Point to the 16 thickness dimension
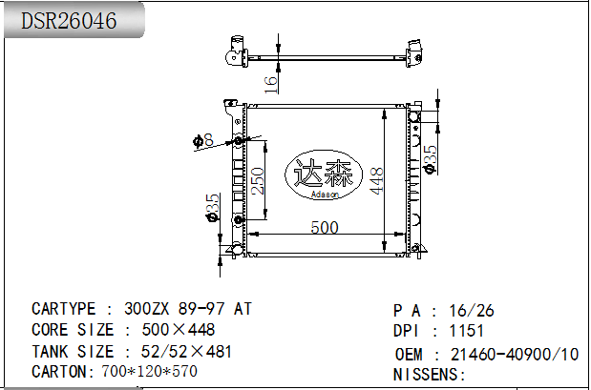(x=271, y=82)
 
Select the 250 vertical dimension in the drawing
(x=257, y=180)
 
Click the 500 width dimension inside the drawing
(x=324, y=227)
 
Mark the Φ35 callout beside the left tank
(x=212, y=206)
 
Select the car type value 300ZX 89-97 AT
(x=189, y=309)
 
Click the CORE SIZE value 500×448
(x=179, y=330)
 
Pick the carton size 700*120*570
(x=149, y=371)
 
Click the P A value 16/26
(x=472, y=311)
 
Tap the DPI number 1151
(x=466, y=331)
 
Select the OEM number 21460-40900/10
(x=514, y=354)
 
